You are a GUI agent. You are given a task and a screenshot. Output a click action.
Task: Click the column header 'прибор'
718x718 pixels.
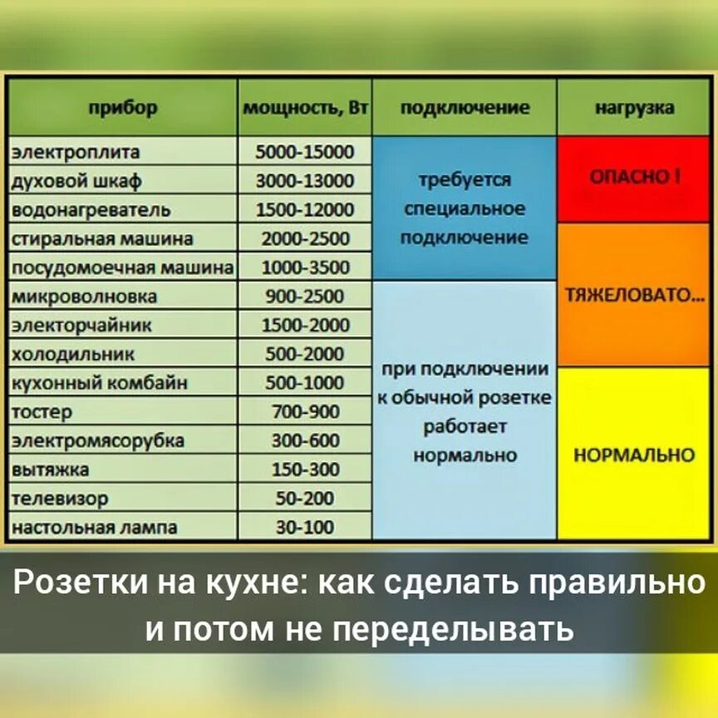(122, 108)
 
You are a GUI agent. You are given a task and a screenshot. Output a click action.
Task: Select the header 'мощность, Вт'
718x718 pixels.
(305, 109)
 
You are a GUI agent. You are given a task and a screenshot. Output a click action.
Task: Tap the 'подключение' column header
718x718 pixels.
(465, 108)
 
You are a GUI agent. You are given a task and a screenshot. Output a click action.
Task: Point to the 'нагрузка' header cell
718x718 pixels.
(635, 108)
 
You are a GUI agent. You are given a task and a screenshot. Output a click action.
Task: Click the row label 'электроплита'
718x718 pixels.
(76, 152)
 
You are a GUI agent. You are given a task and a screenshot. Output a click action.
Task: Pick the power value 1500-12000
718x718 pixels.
(305, 209)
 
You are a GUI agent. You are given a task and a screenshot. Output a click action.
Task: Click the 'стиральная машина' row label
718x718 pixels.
(102, 239)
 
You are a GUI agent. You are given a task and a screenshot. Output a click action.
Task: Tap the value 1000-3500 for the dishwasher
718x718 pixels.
(305, 268)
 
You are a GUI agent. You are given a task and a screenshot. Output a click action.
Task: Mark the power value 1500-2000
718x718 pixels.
(305, 325)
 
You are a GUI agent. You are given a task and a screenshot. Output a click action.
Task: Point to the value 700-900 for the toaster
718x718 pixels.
(305, 411)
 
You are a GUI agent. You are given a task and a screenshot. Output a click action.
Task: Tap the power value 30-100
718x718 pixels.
(305, 527)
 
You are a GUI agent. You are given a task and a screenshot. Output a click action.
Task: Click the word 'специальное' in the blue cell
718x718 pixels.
(465, 209)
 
